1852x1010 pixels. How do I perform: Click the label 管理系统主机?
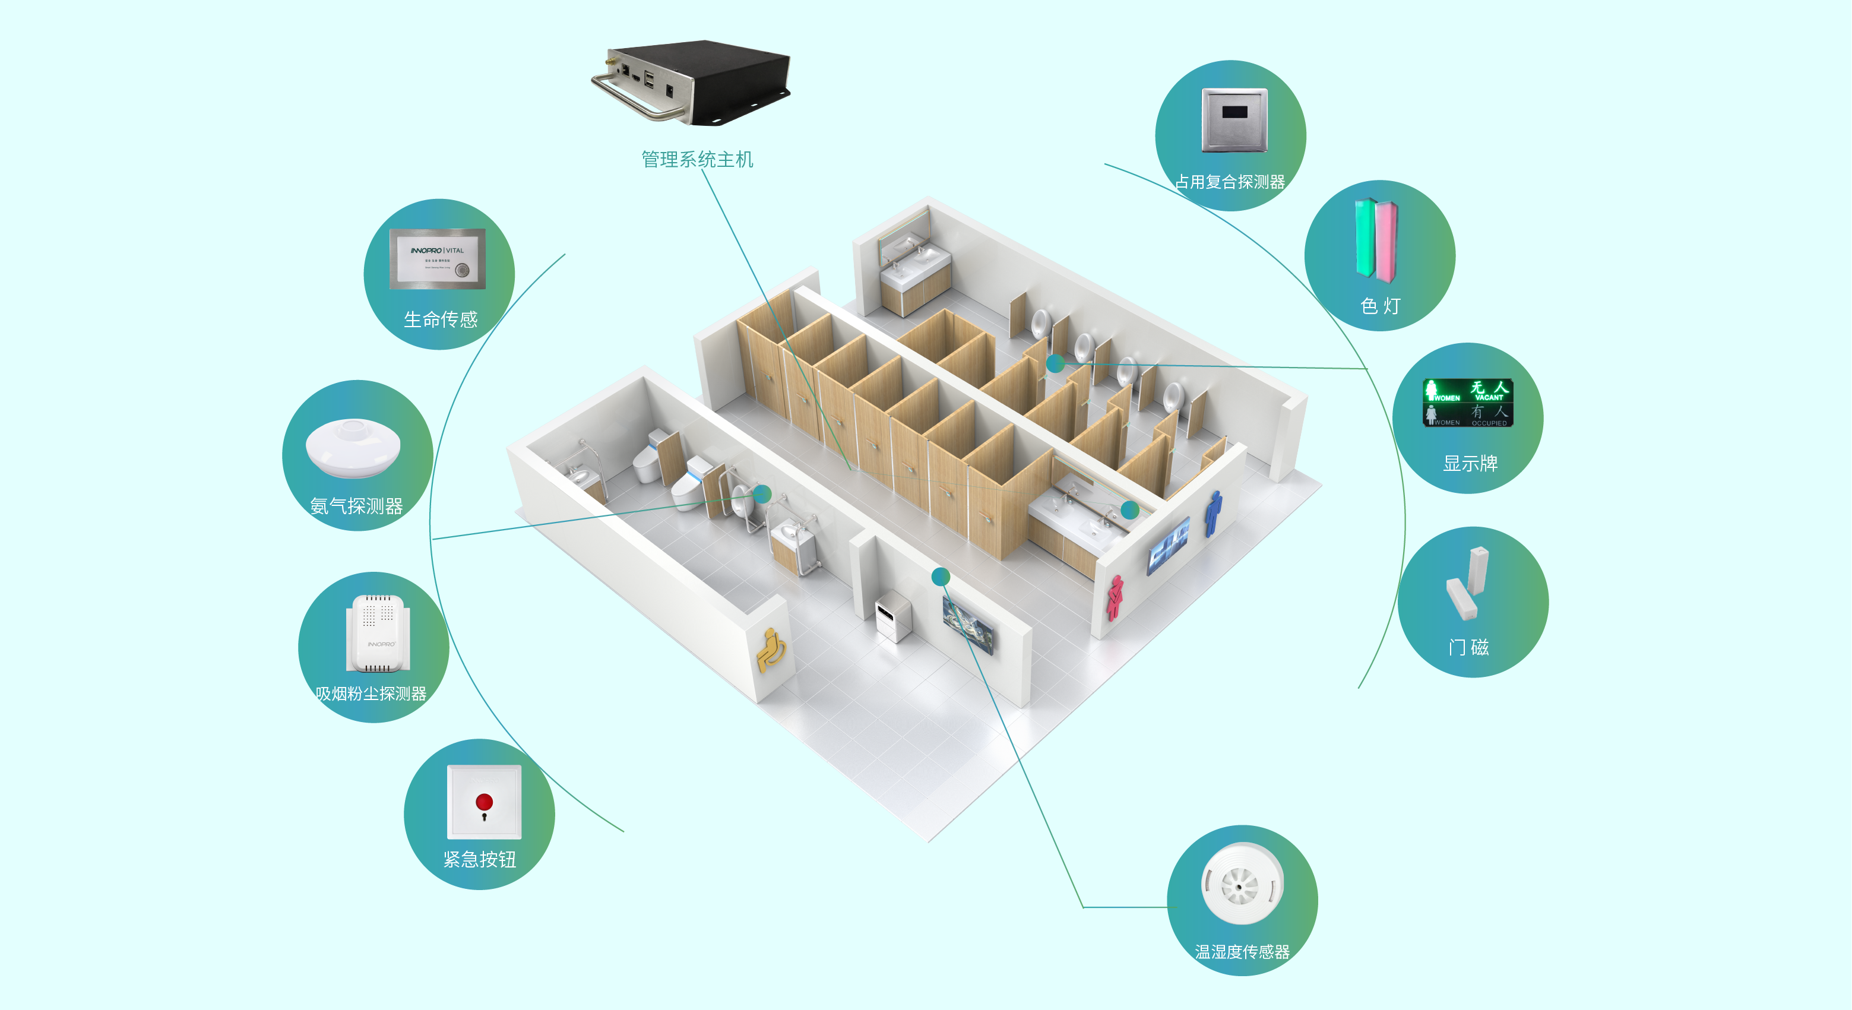pyautogui.click(x=697, y=159)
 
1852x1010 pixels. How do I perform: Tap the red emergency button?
pyautogui.click(x=484, y=802)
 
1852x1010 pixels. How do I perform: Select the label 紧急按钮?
pyautogui.click(x=480, y=859)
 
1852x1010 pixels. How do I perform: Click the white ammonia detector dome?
pyautogui.click(x=353, y=447)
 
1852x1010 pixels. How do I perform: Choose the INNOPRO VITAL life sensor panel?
pyautogui.click(x=437, y=259)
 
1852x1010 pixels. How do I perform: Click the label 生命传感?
pyautogui.click(x=440, y=319)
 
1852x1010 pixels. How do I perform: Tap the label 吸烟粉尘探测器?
pyautogui.click(x=371, y=694)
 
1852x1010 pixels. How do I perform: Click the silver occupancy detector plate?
pyautogui.click(x=1234, y=119)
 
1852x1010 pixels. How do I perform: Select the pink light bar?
pyautogui.click(x=1386, y=242)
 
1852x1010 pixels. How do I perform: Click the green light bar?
pyautogui.click(x=1365, y=238)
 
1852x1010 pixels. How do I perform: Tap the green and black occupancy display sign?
pyautogui.click(x=1468, y=403)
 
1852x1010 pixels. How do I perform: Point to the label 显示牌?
pyautogui.click(x=1470, y=464)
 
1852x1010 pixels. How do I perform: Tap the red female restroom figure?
pyautogui.click(x=1115, y=597)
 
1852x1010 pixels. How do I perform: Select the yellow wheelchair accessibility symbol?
pyautogui.click(x=770, y=650)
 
